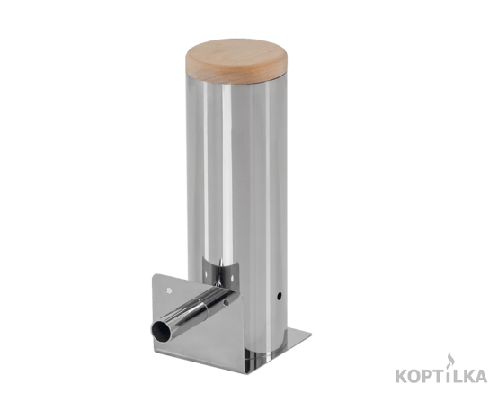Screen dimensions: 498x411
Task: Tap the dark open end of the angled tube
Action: [x=161, y=332]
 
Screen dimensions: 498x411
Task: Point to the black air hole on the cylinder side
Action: [x=279, y=296]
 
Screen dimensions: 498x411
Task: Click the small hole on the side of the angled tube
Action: [x=227, y=301]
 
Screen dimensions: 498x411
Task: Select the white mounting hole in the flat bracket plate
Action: [x=169, y=290]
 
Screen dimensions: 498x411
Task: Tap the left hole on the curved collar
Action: [x=206, y=273]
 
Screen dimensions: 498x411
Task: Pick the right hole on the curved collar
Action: [x=232, y=279]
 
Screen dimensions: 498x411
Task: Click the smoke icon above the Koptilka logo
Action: [x=449, y=362]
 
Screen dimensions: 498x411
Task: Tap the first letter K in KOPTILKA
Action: [x=402, y=376]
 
